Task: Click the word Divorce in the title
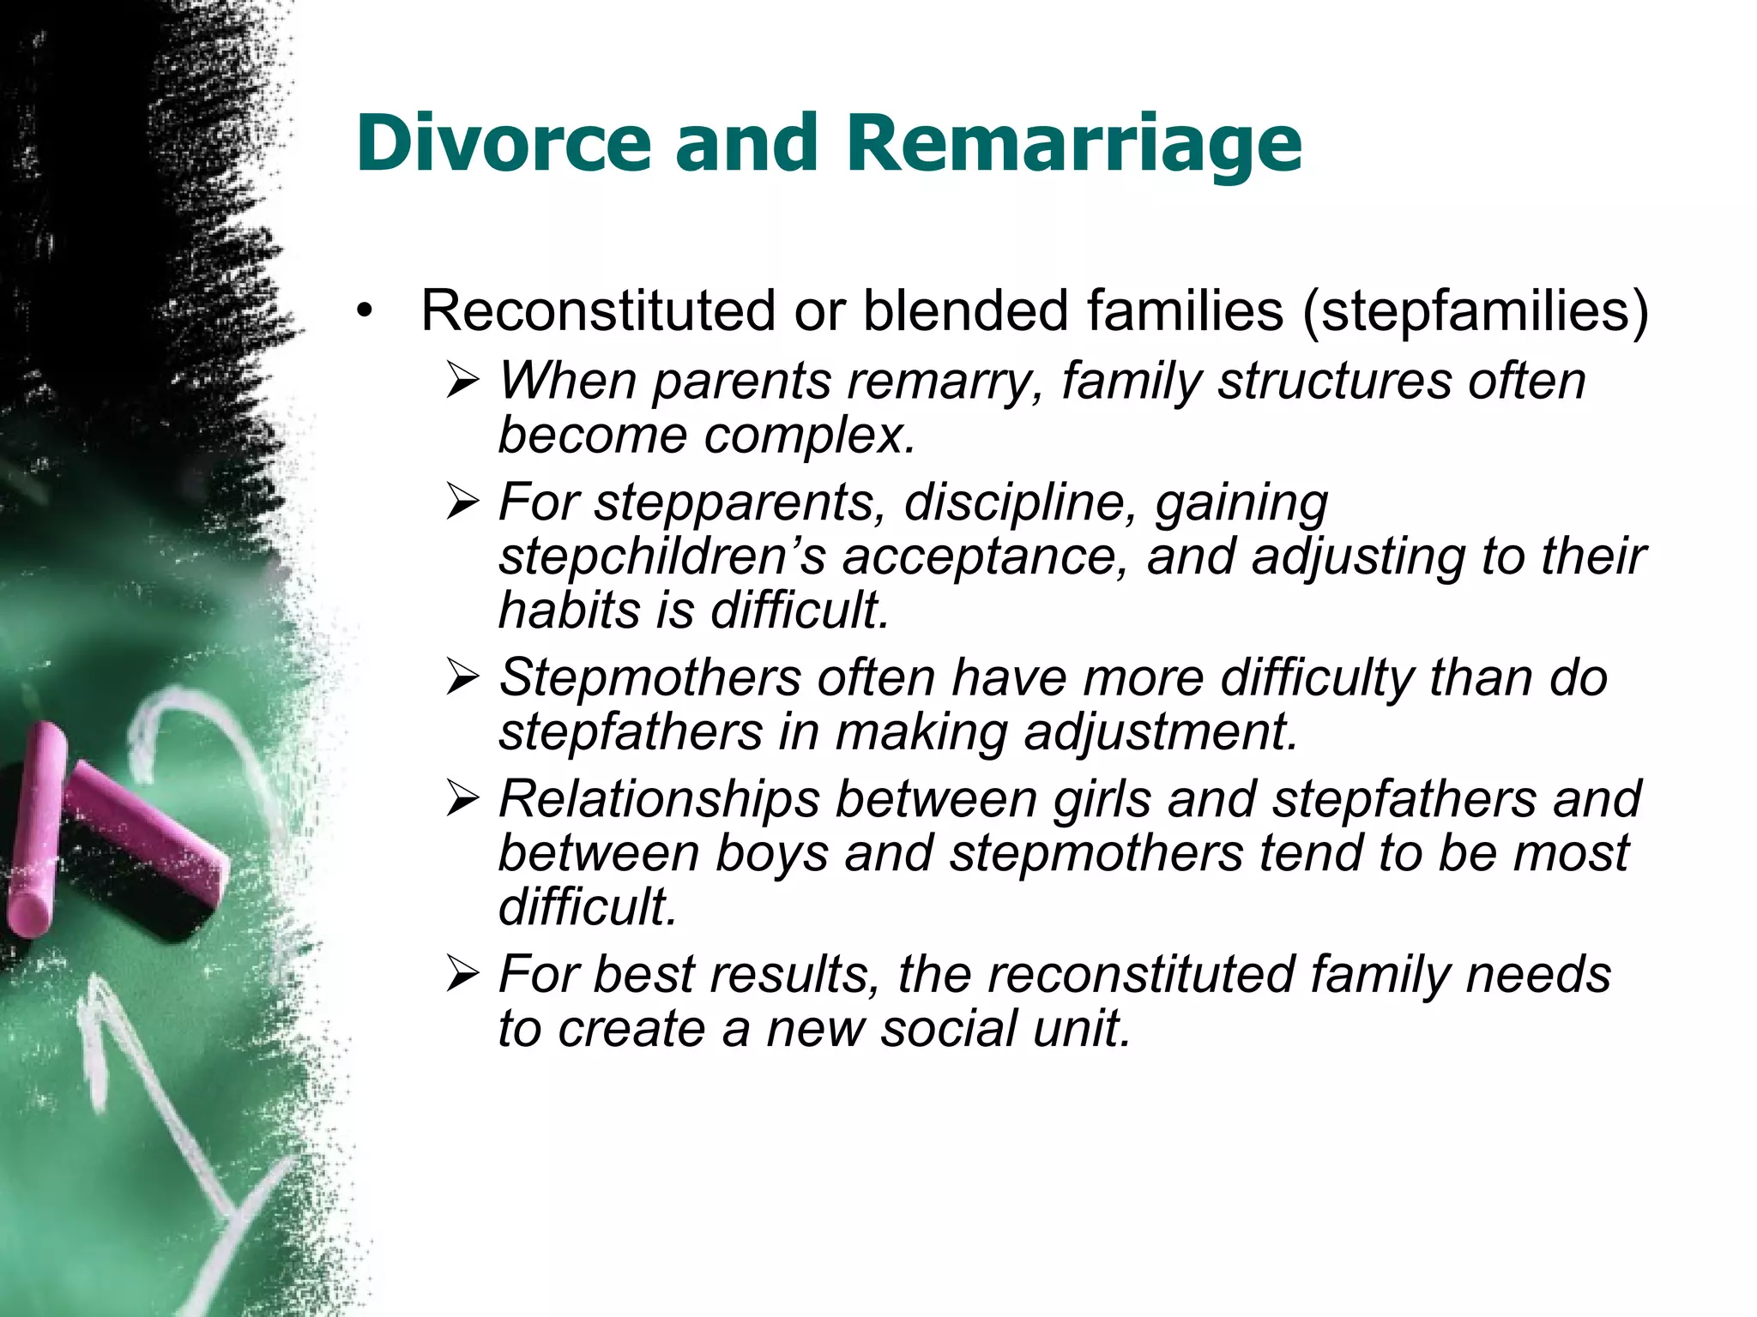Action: point(504,142)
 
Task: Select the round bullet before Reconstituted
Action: point(365,311)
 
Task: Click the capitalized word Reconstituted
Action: point(598,310)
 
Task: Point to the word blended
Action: point(966,310)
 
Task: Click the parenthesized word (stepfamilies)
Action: point(1475,312)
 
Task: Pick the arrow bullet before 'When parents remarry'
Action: point(462,381)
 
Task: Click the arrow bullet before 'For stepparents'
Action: point(462,502)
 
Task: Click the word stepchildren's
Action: point(661,557)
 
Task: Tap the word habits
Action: point(570,610)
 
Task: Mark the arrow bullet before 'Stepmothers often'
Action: point(462,678)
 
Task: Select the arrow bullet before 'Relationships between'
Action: point(462,800)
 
